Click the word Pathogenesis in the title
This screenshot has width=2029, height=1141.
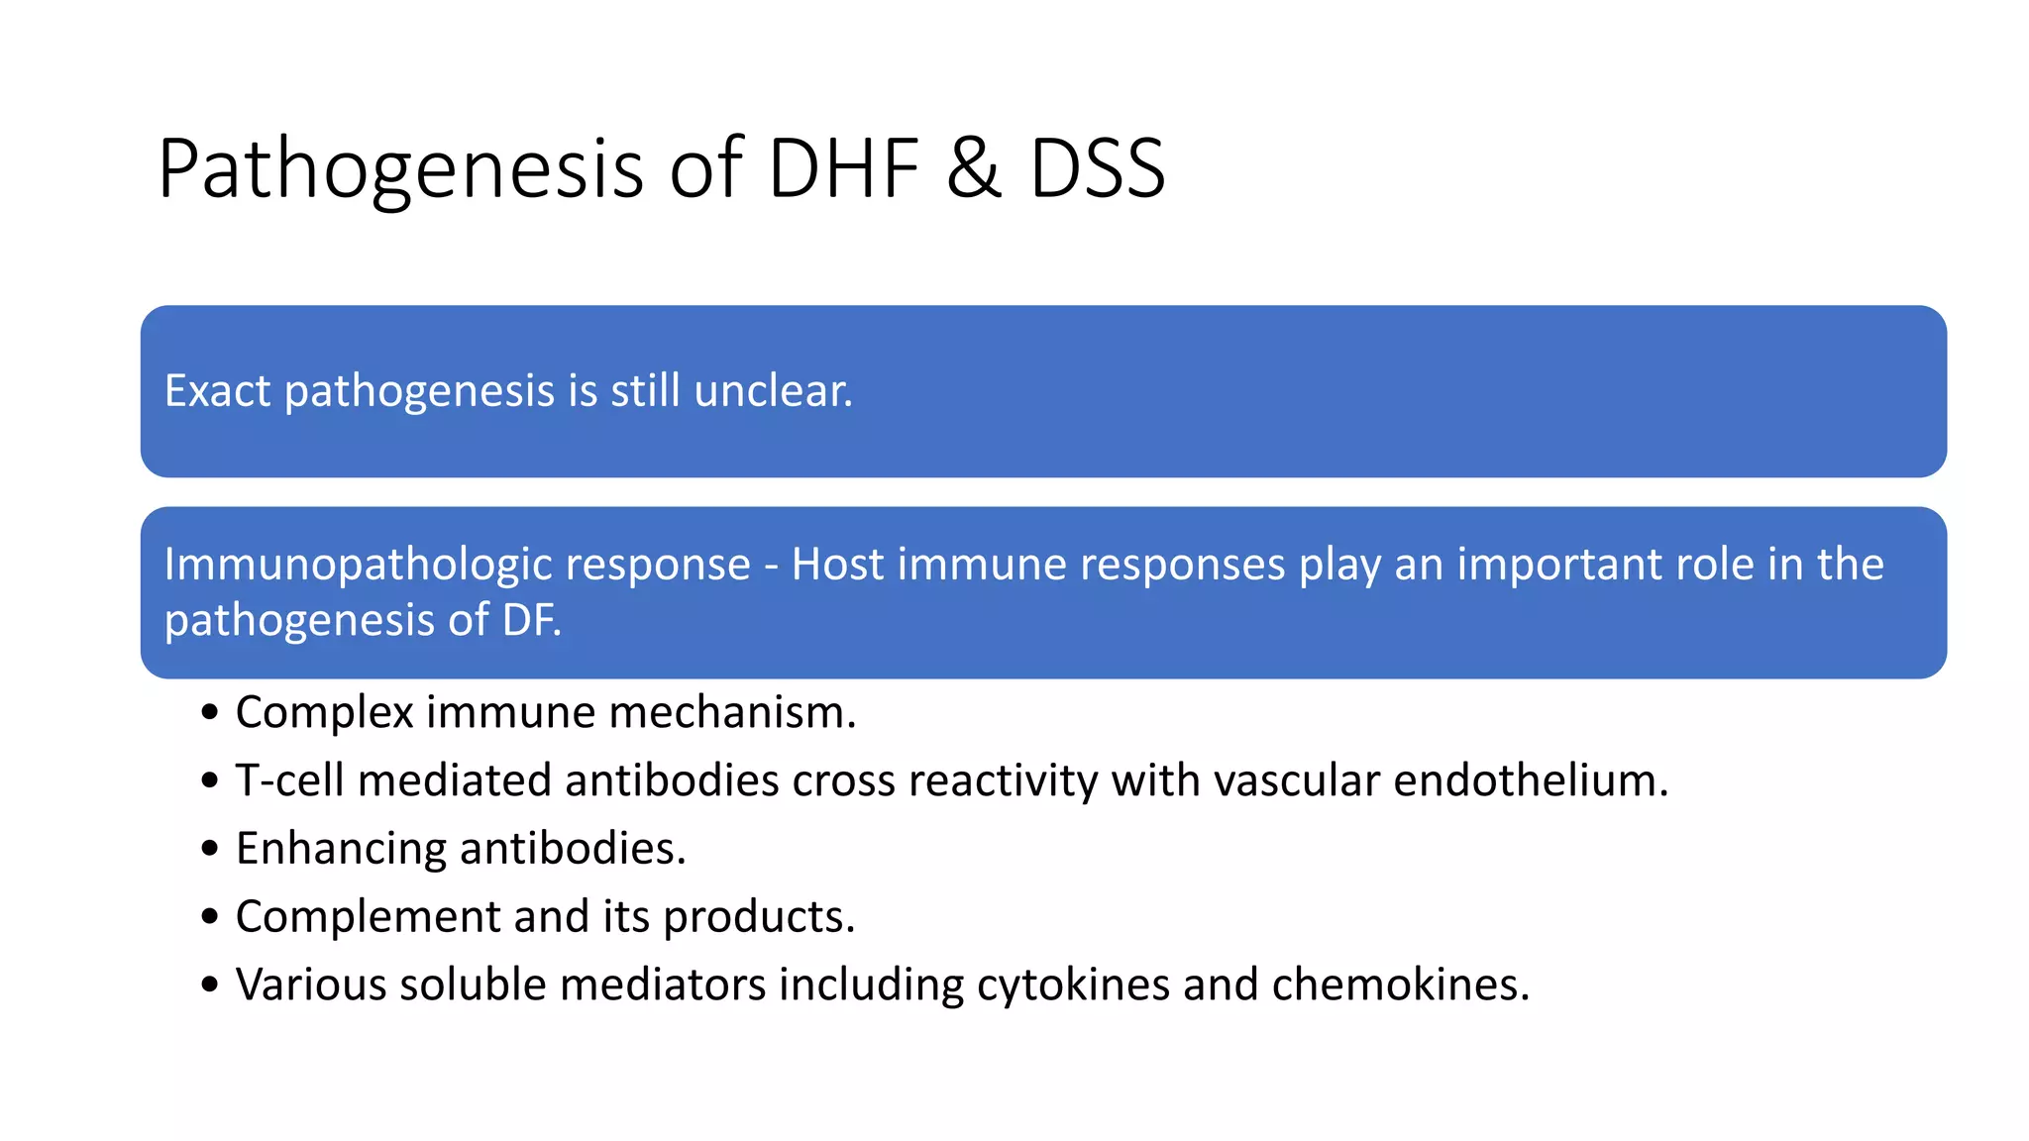[x=401, y=169]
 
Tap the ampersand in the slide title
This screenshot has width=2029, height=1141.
[x=973, y=169]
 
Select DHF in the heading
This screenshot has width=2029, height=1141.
[x=843, y=169]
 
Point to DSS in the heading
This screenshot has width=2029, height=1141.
[x=1097, y=169]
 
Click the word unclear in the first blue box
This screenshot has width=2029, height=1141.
[x=773, y=390]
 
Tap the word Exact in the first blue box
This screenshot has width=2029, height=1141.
[x=217, y=390]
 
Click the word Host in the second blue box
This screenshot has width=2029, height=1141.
[x=837, y=565]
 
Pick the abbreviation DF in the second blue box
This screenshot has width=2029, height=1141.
[x=530, y=621]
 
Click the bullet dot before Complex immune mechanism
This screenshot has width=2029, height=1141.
[x=209, y=713]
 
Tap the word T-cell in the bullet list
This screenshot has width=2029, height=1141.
[x=290, y=780]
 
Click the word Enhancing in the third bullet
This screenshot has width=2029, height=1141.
[x=341, y=849]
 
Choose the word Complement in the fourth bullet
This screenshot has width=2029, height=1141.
[x=368, y=917]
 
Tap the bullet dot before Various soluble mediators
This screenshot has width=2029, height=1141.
[x=209, y=985]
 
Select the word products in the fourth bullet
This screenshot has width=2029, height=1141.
[x=758, y=917]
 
